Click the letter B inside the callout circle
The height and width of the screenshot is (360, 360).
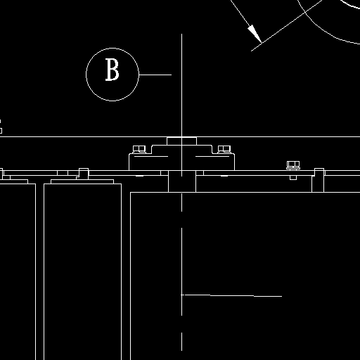coord(112,70)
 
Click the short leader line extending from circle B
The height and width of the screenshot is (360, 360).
coord(155,75)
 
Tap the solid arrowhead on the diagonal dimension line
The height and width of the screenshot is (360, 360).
coord(255,34)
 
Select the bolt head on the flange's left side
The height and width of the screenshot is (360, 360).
coord(139,149)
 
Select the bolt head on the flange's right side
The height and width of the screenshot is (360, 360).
coord(224,149)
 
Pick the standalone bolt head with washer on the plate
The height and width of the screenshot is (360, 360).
coord(293,165)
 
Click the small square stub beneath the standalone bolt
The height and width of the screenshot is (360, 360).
coord(293,178)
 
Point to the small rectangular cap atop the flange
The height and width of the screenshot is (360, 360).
coord(181,141)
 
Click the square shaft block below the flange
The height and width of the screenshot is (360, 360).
coord(182,181)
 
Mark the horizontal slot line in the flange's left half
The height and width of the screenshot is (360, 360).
coord(151,156)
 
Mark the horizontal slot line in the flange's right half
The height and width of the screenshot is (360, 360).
coord(212,156)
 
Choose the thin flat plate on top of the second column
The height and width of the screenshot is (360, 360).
coord(82,181)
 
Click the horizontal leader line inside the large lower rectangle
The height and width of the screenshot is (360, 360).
coord(231,295)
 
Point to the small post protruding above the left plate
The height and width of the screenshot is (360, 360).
coord(84,174)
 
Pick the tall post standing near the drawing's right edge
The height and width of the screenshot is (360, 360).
coord(318,180)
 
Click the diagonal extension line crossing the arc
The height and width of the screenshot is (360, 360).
coord(287,25)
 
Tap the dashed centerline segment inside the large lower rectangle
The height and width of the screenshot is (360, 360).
coord(182,272)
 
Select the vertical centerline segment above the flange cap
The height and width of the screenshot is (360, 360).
coord(181,85)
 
